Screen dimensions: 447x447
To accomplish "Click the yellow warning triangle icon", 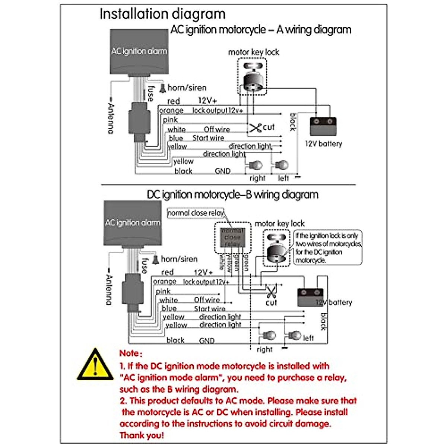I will [95, 366].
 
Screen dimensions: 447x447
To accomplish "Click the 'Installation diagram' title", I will [162, 14].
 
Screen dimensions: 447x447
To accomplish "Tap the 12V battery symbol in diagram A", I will [323, 127].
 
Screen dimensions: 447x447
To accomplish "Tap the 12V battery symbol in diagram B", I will [310, 297].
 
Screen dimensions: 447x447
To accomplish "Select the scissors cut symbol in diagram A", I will [256, 128].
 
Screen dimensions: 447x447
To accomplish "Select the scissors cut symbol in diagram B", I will [271, 290].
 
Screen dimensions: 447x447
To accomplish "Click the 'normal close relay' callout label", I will [196, 213].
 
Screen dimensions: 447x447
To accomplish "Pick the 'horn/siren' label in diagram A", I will [187, 88].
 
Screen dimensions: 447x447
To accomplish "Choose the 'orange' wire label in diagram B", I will [164, 282].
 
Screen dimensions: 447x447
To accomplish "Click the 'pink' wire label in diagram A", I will [170, 120].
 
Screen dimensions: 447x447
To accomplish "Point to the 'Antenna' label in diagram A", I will [111, 118].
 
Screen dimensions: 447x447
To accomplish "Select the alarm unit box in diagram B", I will [132, 223].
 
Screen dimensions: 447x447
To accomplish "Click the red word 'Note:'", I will [131, 353].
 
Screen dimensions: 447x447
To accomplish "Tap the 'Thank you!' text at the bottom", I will [142, 435].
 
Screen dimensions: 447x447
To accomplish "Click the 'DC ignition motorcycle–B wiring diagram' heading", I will [232, 195].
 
